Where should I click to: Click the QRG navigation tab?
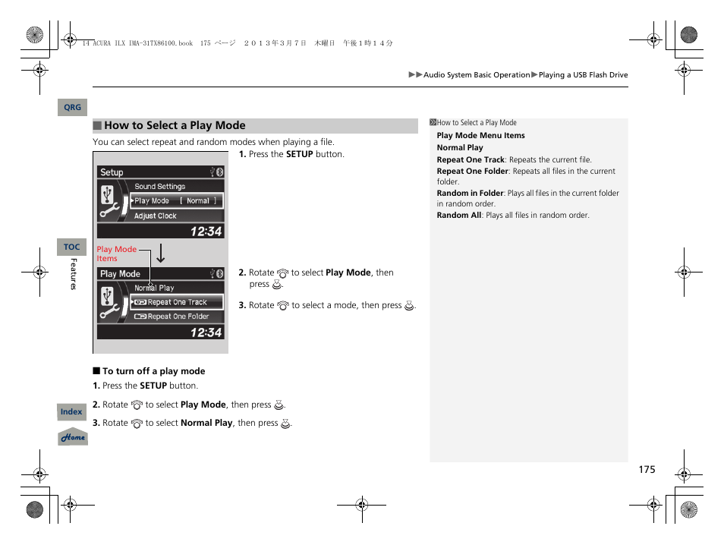click(72, 108)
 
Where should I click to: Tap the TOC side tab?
click(72, 247)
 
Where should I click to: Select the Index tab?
click(71, 411)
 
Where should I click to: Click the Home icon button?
click(73, 437)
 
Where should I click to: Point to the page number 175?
click(646, 470)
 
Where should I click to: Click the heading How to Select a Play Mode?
click(175, 126)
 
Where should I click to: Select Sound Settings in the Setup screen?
click(160, 186)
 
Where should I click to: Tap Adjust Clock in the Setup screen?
click(156, 216)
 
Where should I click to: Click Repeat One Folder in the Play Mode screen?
click(178, 317)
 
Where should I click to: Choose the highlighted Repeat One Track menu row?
click(177, 302)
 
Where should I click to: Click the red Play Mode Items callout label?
click(116, 254)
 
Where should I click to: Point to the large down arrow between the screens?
click(161, 254)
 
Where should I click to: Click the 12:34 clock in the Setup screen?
click(206, 231)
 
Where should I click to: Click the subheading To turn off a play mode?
click(153, 371)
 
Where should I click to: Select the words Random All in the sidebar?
click(458, 216)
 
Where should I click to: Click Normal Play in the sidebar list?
click(460, 148)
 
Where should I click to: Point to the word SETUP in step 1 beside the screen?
click(299, 154)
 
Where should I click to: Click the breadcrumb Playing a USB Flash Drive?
click(583, 75)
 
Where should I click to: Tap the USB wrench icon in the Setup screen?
click(109, 201)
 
